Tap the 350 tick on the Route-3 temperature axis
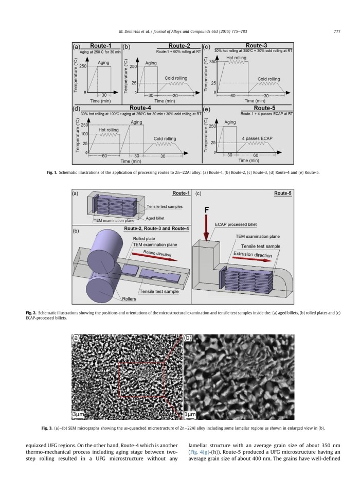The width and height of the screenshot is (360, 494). [211, 61]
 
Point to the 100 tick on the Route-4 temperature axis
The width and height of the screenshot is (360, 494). [84, 133]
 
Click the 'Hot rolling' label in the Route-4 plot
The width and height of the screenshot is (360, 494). [109, 130]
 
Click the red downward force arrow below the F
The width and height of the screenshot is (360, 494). [207, 228]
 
